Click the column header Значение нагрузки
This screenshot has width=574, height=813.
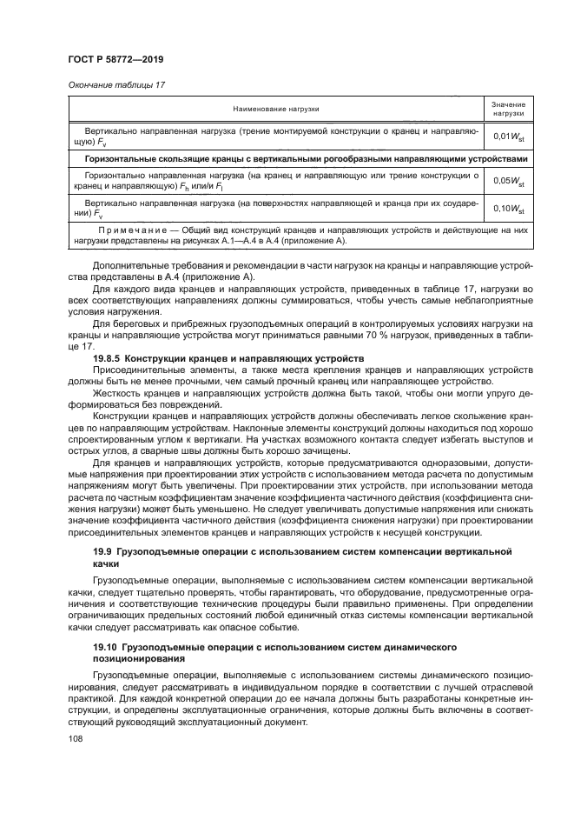pyautogui.click(x=508, y=109)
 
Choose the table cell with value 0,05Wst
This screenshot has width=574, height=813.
pyautogui.click(x=508, y=181)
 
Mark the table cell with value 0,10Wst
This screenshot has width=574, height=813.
pyautogui.click(x=508, y=208)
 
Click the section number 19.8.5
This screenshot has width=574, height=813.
pyautogui.click(x=109, y=358)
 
